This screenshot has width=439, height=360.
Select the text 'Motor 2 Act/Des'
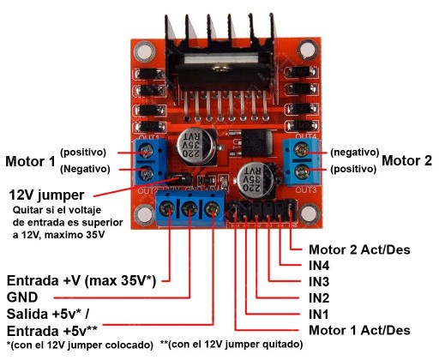[359, 249]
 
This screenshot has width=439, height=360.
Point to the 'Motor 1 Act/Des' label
[359, 330]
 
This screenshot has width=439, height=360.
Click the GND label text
[22, 297]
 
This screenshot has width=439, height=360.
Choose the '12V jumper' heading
[46, 195]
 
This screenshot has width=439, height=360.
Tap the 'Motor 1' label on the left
[30, 161]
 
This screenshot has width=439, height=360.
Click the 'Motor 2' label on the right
[406, 160]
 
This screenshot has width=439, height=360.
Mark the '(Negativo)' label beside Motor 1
[85, 169]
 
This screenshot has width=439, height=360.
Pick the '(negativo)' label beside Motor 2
[355, 153]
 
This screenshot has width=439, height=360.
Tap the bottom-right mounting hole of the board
[309, 213]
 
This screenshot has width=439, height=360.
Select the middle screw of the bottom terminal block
[189, 210]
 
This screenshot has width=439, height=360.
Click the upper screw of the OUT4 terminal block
[301, 150]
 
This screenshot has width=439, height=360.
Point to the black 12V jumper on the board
[179, 179]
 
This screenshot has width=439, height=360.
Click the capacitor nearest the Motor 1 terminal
[196, 147]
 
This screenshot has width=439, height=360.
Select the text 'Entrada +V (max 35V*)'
[81, 281]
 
